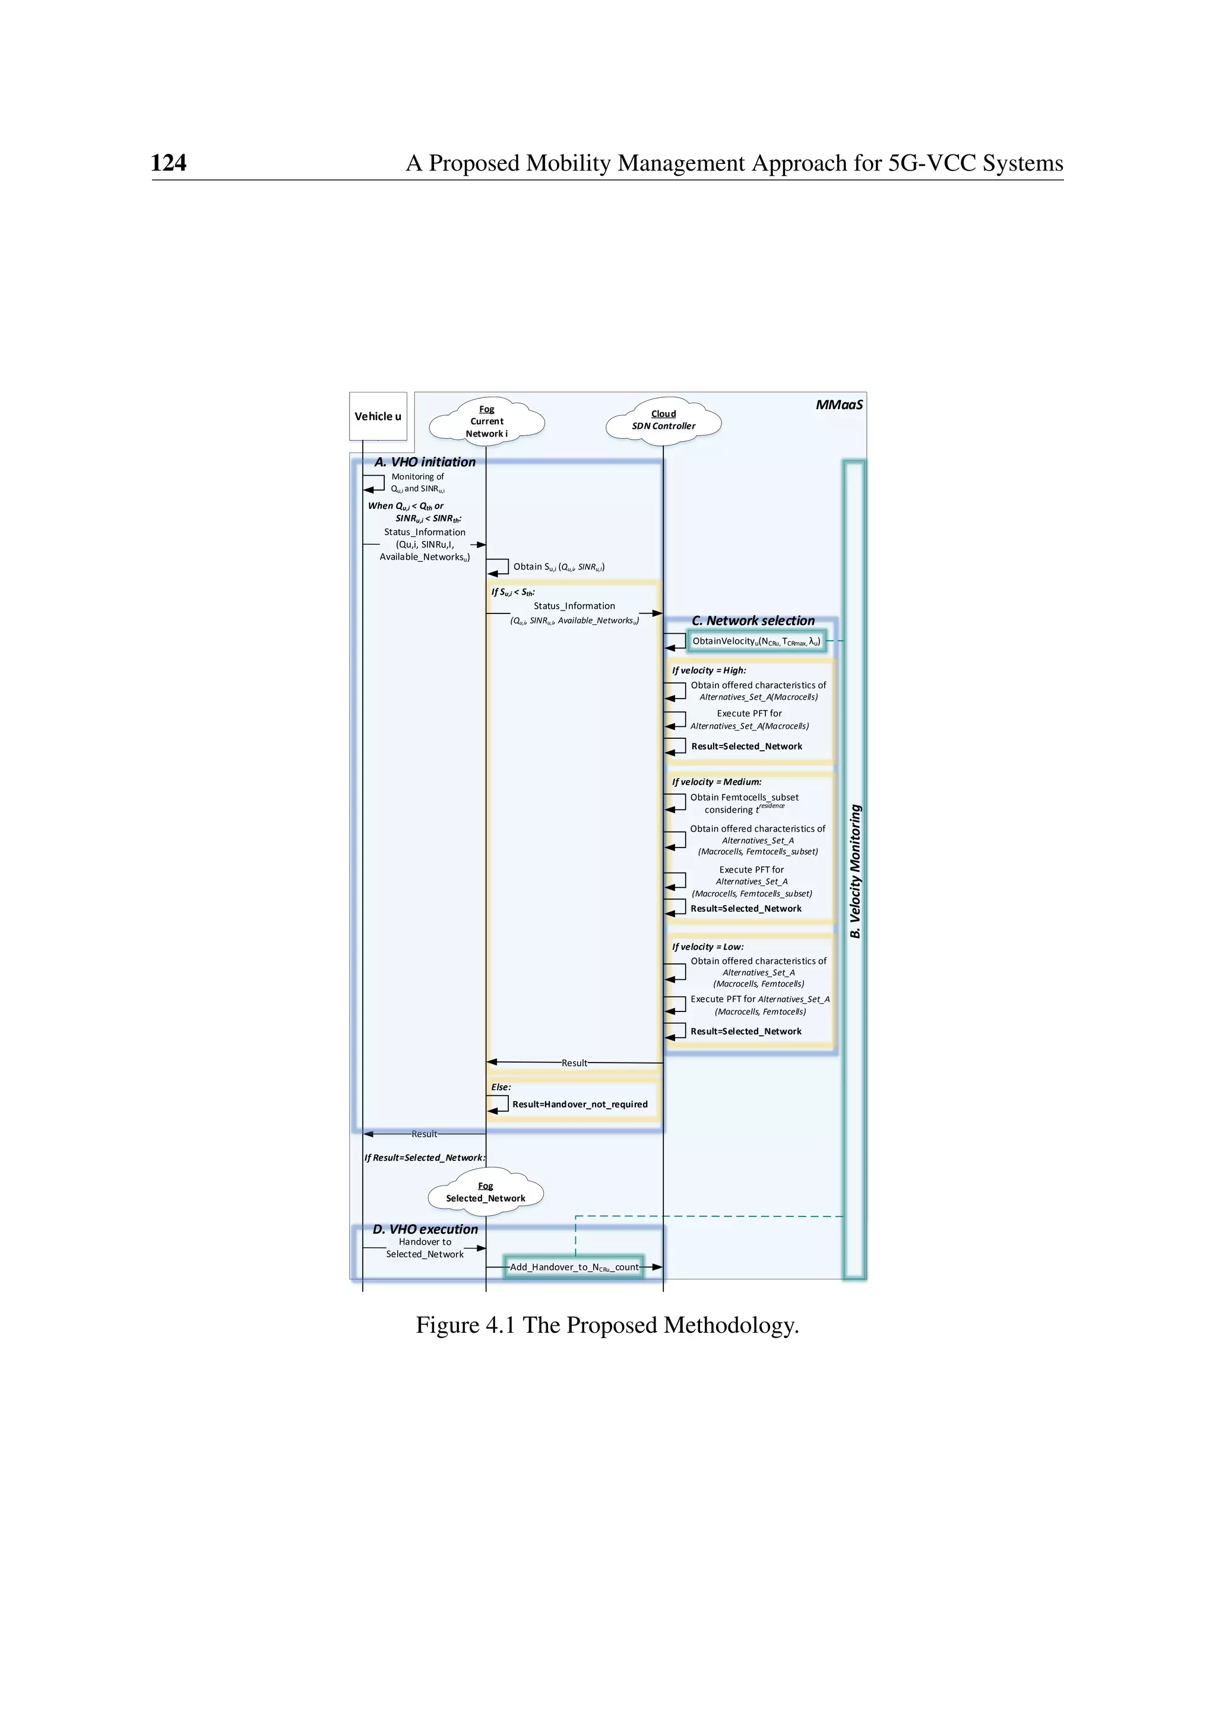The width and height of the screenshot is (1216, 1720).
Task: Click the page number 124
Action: tap(169, 163)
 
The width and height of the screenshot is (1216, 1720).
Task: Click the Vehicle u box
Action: tap(378, 416)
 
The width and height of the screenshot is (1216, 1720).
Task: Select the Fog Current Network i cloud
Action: tap(487, 422)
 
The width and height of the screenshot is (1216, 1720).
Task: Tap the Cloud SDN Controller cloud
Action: tap(663, 420)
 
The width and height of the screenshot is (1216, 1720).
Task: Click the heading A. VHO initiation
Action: tap(425, 462)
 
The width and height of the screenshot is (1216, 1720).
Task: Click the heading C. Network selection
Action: tap(752, 621)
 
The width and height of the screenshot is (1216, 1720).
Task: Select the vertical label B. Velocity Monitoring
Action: tap(856, 871)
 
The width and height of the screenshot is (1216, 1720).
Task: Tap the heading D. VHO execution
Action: tap(425, 1229)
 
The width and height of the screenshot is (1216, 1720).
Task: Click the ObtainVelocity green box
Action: tap(756, 641)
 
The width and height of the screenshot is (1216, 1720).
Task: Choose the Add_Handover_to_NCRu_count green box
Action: tap(574, 1267)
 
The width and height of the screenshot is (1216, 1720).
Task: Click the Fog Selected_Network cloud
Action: tap(486, 1193)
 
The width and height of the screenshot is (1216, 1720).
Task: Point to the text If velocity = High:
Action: tap(708, 671)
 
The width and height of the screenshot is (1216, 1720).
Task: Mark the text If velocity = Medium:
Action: tap(716, 782)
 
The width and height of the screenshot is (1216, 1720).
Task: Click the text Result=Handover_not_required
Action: tap(579, 1104)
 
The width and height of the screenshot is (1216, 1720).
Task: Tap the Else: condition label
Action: tap(501, 1087)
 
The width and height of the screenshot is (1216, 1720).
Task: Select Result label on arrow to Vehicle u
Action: tap(424, 1134)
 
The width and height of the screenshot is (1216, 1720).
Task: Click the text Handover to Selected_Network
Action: tap(425, 1248)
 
